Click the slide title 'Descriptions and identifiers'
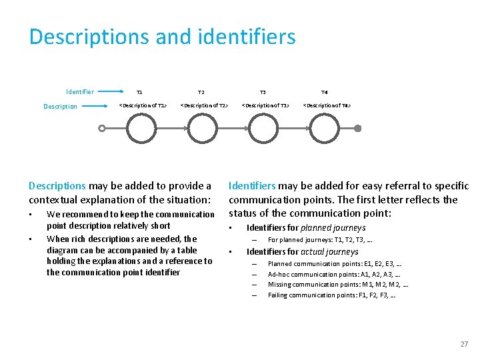click(162, 37)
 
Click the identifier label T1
click(139, 92)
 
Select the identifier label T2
click(201, 92)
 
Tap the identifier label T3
click(263, 92)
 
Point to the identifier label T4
click(325, 92)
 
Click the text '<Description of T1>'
click(142, 105)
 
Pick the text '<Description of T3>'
click(265, 105)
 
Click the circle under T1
click(142, 128)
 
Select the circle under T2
click(203, 128)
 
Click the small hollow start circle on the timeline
click(101, 129)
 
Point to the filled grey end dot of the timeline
click(357, 128)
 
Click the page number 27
click(464, 344)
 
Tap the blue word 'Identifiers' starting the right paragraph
click(253, 186)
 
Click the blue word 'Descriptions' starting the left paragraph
click(57, 186)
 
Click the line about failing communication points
click(331, 295)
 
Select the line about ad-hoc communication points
click(334, 274)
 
